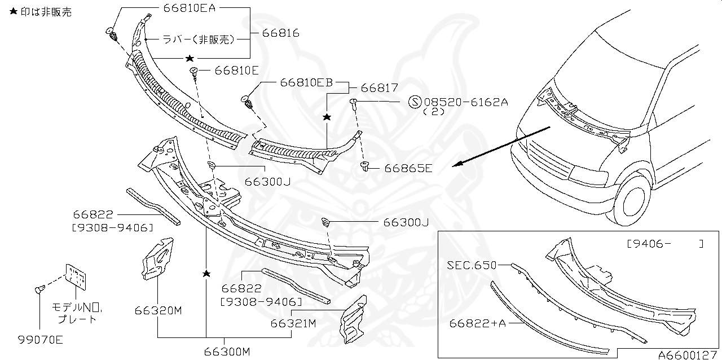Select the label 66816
(x=280, y=33)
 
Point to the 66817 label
(x=379, y=88)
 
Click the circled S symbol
(x=415, y=102)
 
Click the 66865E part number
(x=408, y=168)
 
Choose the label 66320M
(x=158, y=310)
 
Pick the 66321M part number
(x=293, y=323)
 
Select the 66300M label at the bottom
(x=227, y=352)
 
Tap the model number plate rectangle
(x=76, y=276)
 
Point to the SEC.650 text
(x=472, y=264)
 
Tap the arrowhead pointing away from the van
(x=457, y=165)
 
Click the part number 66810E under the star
(x=236, y=71)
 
